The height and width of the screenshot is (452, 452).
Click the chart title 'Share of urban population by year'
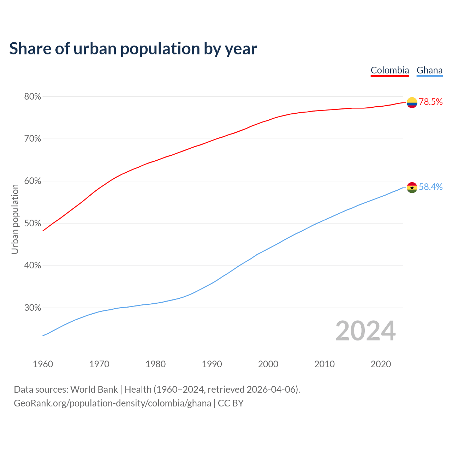point(133,49)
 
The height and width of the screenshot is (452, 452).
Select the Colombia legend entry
point(390,70)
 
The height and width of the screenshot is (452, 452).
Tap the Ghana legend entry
point(429,70)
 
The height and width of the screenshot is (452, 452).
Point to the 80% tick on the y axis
point(32,96)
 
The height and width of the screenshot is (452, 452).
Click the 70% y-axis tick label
point(32,139)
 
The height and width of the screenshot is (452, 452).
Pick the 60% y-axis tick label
point(32,181)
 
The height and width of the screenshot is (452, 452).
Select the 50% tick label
point(32,223)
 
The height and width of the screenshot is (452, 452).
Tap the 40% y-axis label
point(32,266)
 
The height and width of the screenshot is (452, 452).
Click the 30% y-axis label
point(32,308)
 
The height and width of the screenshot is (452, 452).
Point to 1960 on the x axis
point(43,364)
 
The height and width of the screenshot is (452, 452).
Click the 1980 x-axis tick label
point(156,364)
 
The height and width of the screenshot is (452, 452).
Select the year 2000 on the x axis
point(268,364)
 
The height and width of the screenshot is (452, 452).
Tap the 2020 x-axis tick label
point(381,364)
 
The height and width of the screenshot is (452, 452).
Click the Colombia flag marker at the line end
point(412,102)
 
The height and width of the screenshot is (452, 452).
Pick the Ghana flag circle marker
point(412,188)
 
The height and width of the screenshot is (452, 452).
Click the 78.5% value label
point(431,102)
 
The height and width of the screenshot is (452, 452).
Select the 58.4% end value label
point(431,187)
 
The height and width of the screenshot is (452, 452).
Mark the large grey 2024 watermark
point(365,331)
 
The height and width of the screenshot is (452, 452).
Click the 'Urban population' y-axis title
point(15,219)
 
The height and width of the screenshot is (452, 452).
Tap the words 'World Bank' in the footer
point(94,389)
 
